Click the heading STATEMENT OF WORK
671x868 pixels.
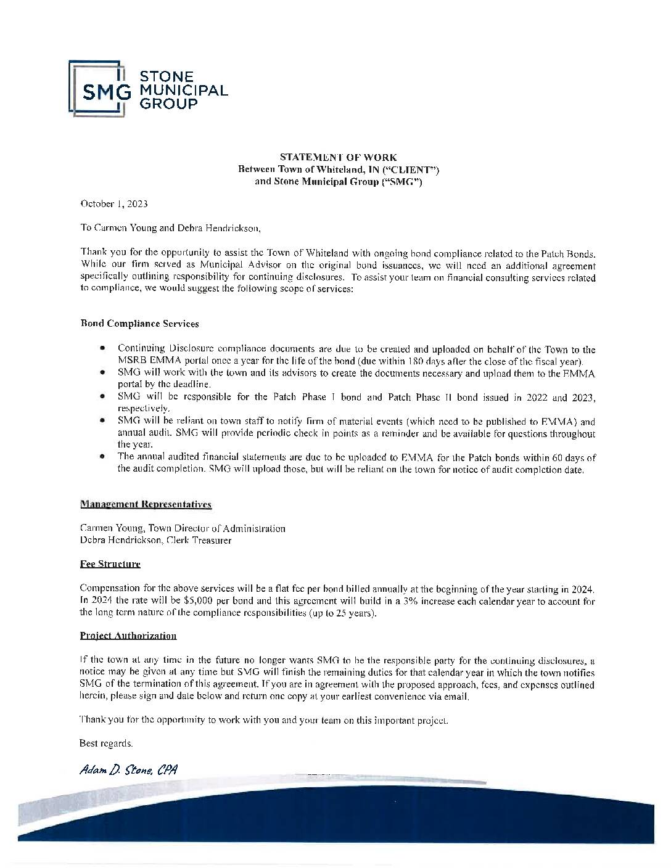[339, 158]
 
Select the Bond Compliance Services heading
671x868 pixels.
[139, 323]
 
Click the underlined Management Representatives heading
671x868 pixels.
[146, 504]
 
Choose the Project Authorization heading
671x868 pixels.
[128, 636]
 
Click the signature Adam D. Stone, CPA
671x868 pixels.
[128, 770]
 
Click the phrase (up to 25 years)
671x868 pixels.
[347, 613]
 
